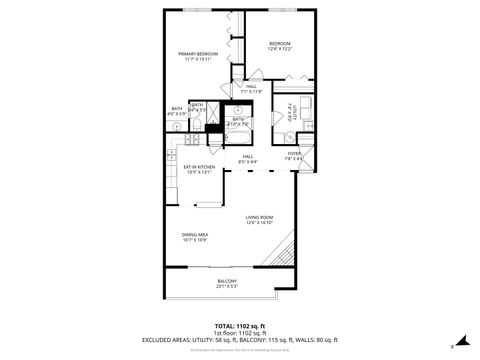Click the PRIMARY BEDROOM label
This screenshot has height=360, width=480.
pyautogui.click(x=198, y=56)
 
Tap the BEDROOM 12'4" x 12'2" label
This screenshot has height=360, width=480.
pyautogui.click(x=279, y=46)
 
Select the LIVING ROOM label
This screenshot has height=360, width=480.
pyautogui.click(x=260, y=220)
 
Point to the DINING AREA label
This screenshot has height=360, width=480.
pyautogui.click(x=195, y=237)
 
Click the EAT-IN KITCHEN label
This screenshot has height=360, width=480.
pyautogui.click(x=199, y=169)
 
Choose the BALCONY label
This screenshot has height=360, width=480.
pyautogui.click(x=228, y=284)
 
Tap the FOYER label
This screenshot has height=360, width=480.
pyautogui.click(x=294, y=155)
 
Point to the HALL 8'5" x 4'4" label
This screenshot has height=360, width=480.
pyautogui.click(x=247, y=158)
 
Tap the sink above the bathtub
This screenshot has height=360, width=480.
pyautogui.click(x=239, y=111)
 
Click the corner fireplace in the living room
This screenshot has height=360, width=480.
pyautogui.click(x=288, y=250)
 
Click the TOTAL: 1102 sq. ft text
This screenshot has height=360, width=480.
pyautogui.click(x=240, y=325)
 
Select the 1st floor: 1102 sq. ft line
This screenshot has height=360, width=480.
pyautogui.click(x=240, y=332)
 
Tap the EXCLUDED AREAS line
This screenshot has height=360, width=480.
pyautogui.click(x=240, y=339)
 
